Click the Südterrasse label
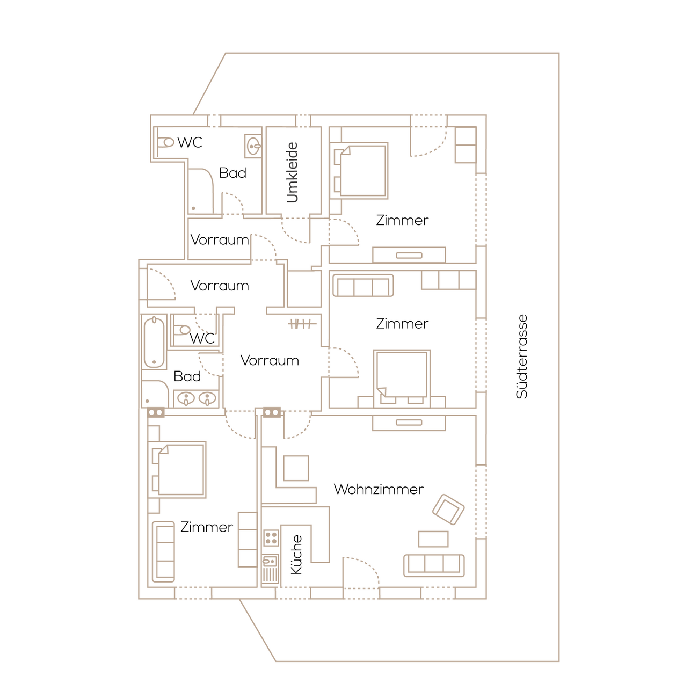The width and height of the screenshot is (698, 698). coord(521,357)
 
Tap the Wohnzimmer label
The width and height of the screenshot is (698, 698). coord(379,489)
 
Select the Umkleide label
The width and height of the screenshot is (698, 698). coord(292,172)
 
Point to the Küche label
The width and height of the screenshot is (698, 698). coord(296,555)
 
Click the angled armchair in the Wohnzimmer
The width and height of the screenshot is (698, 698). coord(448,510)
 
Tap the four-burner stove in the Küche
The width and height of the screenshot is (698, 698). coord(271,538)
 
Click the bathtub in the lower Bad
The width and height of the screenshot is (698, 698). coord(154,342)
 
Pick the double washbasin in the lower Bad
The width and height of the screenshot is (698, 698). coord(197,399)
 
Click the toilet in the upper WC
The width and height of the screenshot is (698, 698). coord(165,142)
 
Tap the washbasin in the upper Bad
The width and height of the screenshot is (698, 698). coord(253,146)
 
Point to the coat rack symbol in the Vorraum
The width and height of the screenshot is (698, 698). coord(302,323)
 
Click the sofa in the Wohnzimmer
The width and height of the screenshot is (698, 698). coord(434,565)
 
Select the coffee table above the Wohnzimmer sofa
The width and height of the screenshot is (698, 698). coord(433,539)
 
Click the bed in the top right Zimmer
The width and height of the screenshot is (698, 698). coord(359,171)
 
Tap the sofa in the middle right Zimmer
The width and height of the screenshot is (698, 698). coord(363,286)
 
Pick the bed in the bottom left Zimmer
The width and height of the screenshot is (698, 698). coord(177,470)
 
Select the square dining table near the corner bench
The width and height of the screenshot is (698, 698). coord(296,468)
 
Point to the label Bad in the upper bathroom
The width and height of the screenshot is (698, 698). coord(232,173)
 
